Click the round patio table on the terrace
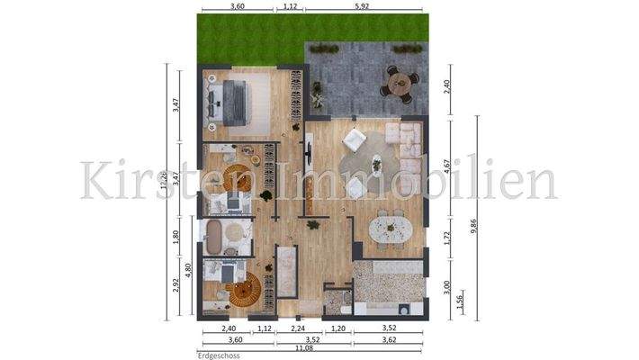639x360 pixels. pyautogui.click(x=397, y=82)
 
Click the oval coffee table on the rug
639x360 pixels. pyautogui.click(x=374, y=165)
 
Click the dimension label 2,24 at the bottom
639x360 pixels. pyautogui.click(x=284, y=329)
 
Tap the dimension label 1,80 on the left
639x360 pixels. pyautogui.click(x=176, y=238)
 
